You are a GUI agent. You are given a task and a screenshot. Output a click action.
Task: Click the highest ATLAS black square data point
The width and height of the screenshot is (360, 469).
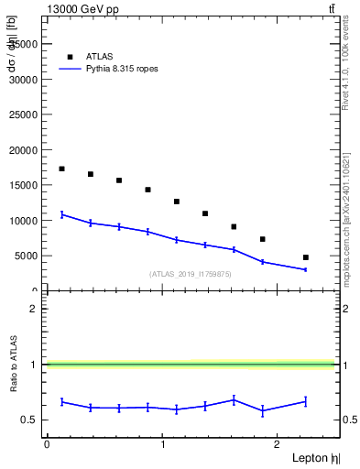coord(61,169)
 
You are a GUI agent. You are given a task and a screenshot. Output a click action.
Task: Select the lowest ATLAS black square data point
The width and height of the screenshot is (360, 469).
coord(305,257)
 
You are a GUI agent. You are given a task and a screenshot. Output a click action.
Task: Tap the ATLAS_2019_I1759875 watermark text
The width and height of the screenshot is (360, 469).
coord(191,274)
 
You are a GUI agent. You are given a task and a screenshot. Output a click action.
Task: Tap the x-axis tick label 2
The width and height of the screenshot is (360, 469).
coord(278,443)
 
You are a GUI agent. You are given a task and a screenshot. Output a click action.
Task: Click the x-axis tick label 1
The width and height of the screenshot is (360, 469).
coord(162,443)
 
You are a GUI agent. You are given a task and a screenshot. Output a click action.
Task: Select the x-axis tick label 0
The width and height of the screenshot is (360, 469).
coord(46,443)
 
